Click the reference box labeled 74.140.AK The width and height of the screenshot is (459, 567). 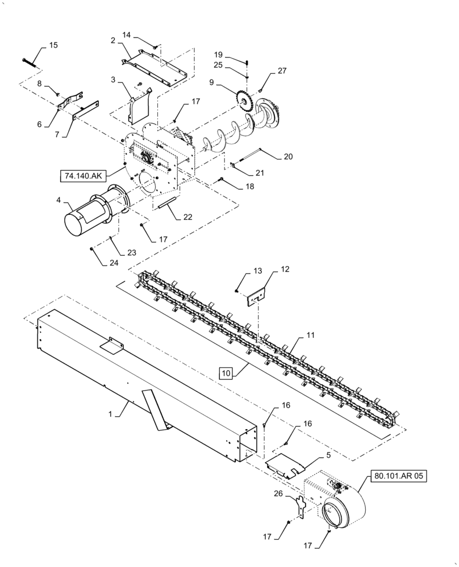(x=84, y=176)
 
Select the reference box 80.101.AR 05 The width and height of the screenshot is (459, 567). (x=398, y=476)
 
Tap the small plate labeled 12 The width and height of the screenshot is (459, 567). (x=257, y=296)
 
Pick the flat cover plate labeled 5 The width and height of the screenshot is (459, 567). (x=286, y=463)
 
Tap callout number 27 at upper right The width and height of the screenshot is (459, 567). (x=282, y=71)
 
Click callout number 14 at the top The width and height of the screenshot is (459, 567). (x=127, y=35)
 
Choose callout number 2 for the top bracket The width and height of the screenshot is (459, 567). (x=113, y=41)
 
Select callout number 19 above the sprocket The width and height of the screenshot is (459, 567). (x=218, y=54)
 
